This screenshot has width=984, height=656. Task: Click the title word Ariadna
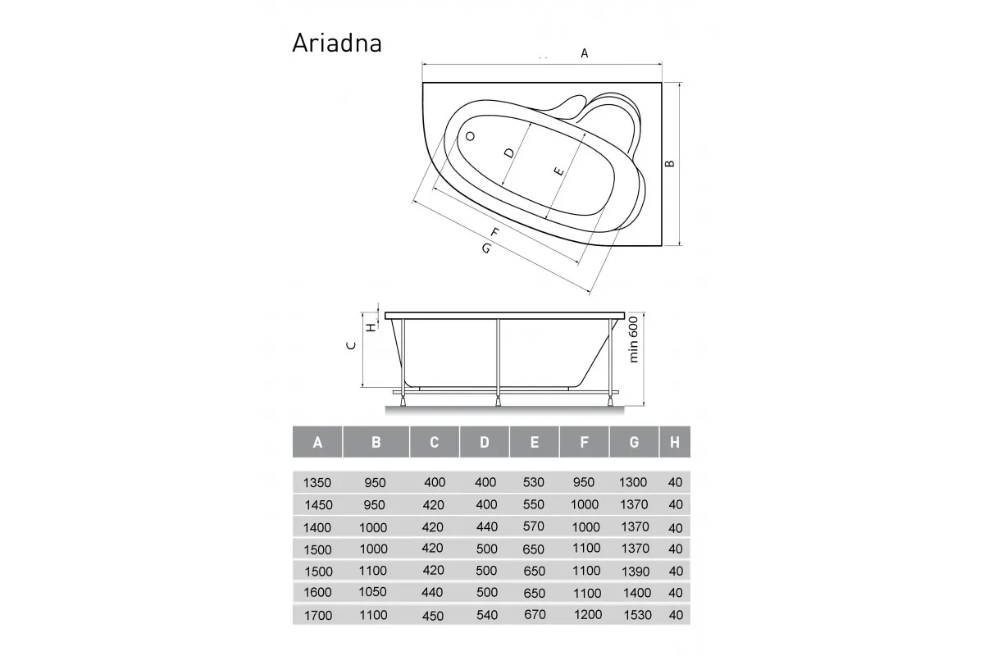pyautogui.click(x=337, y=43)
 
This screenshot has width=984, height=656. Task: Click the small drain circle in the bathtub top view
pyautogui.click(x=471, y=137)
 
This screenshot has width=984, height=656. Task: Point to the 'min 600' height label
pyautogui.click(x=633, y=340)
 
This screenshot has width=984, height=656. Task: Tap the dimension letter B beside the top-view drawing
pyautogui.click(x=670, y=163)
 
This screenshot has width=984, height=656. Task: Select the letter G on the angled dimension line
pyautogui.click(x=486, y=247)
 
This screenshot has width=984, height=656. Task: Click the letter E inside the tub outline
pyautogui.click(x=558, y=172)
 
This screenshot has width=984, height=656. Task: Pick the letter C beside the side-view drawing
pyautogui.click(x=350, y=345)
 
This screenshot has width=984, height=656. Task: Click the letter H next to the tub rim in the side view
pyautogui.click(x=371, y=326)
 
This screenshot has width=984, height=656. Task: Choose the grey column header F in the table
pyautogui.click(x=584, y=443)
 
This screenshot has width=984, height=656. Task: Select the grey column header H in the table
pyautogui.click(x=674, y=443)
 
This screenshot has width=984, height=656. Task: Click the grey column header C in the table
pyautogui.click(x=434, y=443)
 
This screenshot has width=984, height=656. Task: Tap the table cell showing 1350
pyautogui.click(x=317, y=483)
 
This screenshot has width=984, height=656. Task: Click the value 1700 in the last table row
pyautogui.click(x=318, y=615)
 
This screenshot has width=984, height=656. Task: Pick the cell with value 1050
pyautogui.click(x=373, y=592)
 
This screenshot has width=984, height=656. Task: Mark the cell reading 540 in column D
pyautogui.click(x=485, y=615)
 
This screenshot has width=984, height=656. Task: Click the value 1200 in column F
pyautogui.click(x=585, y=614)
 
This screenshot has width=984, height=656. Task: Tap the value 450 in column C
pyautogui.click(x=434, y=616)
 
